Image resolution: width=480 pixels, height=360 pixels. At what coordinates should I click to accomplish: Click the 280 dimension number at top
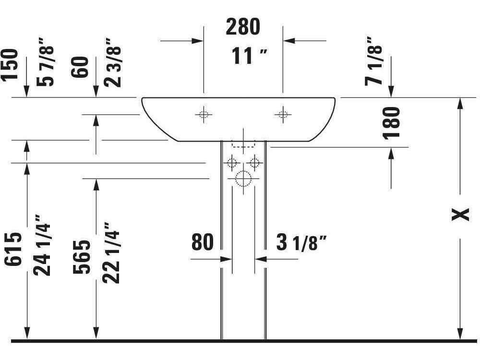click(243, 27)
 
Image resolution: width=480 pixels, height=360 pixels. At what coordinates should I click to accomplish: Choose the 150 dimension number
click(10, 64)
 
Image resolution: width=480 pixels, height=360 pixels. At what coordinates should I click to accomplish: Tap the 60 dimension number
click(80, 68)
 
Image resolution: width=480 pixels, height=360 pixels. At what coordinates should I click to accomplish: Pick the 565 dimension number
click(82, 256)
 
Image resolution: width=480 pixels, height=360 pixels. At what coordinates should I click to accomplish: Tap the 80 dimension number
click(202, 242)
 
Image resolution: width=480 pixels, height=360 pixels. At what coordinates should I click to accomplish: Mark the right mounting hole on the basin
click(282, 114)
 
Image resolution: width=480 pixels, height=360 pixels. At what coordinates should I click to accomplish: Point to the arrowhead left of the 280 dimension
click(198, 41)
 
